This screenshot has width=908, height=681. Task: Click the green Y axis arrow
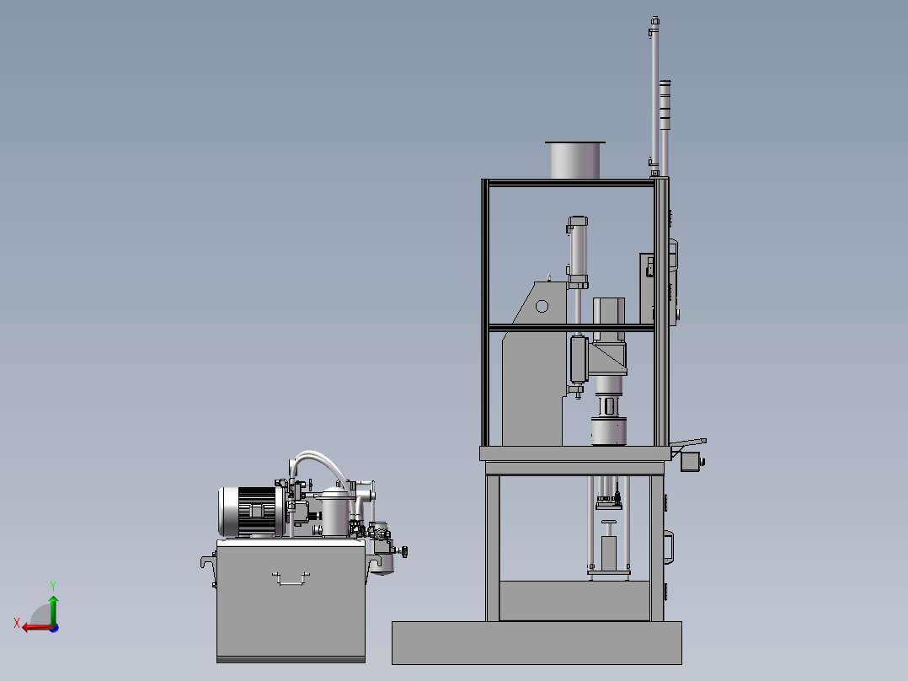pyautogui.click(x=53, y=609)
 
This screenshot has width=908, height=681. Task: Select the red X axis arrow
pyautogui.click(x=37, y=627)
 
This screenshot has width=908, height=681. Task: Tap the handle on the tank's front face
pyautogui.click(x=291, y=578)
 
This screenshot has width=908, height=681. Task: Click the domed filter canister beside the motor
pyautogui.click(x=335, y=512)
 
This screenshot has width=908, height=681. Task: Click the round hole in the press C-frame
pyautogui.click(x=542, y=306)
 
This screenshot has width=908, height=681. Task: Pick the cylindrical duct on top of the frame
pyautogui.click(x=574, y=160)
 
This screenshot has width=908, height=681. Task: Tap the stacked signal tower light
pyautogui.click(x=665, y=127)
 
